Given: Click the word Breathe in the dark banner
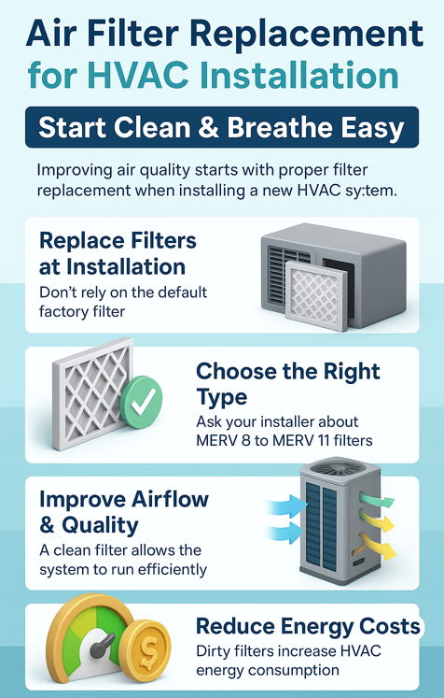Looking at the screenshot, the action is coord(279,127).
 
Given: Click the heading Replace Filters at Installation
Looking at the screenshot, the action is coord(118,254).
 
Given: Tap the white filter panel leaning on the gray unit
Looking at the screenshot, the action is coord(316,295).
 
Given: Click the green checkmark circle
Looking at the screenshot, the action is coord(142,396).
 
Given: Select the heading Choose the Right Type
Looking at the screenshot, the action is coord(288,383).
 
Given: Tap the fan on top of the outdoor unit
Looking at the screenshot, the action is coord(340,467).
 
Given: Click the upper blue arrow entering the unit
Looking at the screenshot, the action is coord(287,507).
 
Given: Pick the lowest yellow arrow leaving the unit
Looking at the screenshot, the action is coord(378,547).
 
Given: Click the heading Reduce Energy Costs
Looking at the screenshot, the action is coord(308,626).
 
